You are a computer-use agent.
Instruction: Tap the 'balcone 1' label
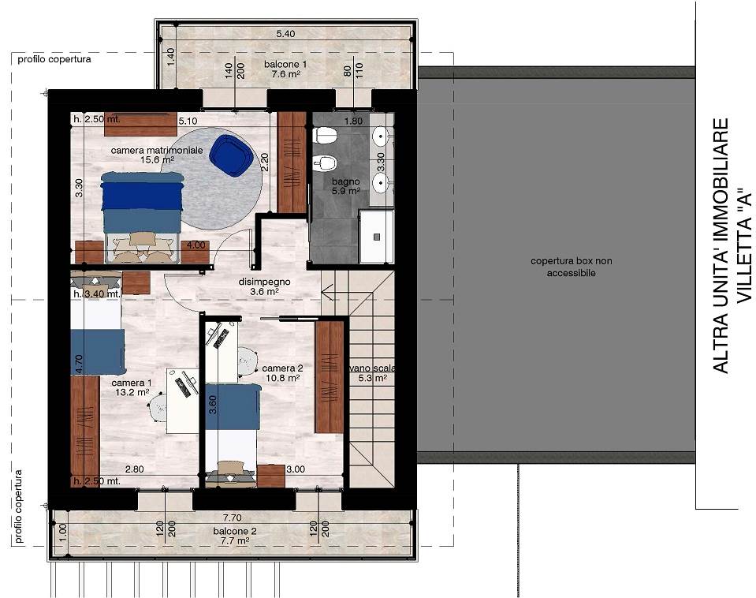(x=285, y=64)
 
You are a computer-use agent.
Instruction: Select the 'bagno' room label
(x=346, y=181)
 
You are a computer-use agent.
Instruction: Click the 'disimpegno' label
(x=264, y=282)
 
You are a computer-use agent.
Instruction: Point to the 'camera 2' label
(x=282, y=368)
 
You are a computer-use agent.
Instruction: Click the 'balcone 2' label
(x=235, y=531)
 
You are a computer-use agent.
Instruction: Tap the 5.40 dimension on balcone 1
(x=285, y=34)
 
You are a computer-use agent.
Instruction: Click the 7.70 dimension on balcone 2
(x=233, y=518)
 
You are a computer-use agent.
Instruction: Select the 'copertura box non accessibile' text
(x=572, y=267)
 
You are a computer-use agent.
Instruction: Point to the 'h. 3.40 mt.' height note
(x=96, y=293)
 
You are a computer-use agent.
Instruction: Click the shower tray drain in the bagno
(x=377, y=237)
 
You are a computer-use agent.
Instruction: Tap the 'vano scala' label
(x=373, y=368)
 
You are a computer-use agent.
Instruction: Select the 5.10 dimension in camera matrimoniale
(x=188, y=121)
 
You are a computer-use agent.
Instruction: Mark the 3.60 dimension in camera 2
(x=212, y=405)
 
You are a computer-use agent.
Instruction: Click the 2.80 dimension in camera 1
(x=135, y=469)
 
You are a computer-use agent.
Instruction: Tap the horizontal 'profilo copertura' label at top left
(x=54, y=59)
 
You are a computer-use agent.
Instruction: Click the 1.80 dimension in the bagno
(x=353, y=121)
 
